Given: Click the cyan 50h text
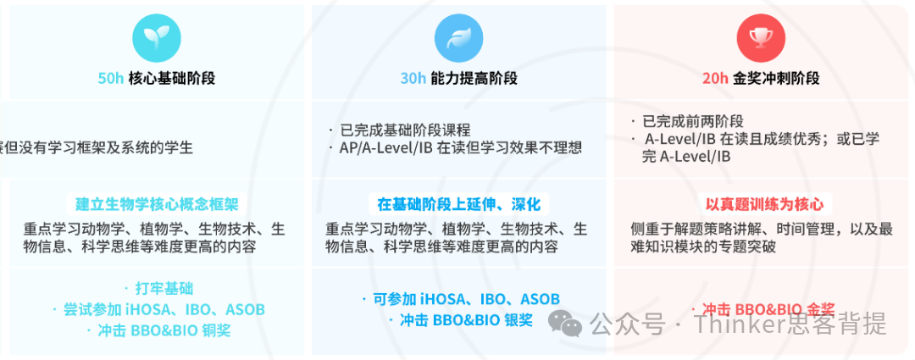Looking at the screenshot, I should click(111, 79).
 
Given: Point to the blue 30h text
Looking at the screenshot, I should click(413, 79).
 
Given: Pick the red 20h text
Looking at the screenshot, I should click(715, 79).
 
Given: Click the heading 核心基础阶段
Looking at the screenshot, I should click(172, 79).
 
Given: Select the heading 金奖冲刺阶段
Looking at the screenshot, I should click(776, 79).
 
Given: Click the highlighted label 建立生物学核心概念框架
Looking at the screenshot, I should click(157, 204).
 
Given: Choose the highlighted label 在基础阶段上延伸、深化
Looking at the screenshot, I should click(458, 204).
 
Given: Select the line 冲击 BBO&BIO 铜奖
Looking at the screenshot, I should click(164, 330).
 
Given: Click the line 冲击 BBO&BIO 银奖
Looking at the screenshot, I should click(466, 320).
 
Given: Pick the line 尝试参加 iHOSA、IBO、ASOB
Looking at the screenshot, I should click(164, 309).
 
